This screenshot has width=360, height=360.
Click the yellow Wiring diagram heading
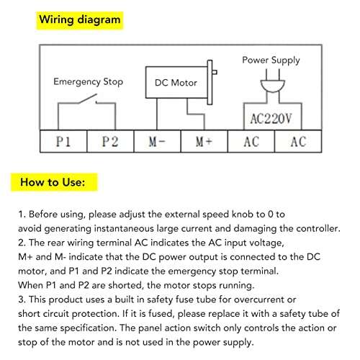pyautogui.click(x=78, y=20)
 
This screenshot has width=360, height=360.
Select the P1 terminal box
pyautogui.click(x=63, y=142)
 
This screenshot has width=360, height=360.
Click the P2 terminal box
pyautogui.click(x=109, y=142)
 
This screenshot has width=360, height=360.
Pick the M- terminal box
pyautogui.click(x=157, y=142)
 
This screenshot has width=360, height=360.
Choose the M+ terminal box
pyautogui.click(x=204, y=142)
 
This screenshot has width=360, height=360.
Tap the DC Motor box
pyautogui.click(x=176, y=83)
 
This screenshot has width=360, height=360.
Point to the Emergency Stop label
pyautogui.click(x=88, y=82)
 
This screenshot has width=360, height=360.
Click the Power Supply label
pyautogui.click(x=271, y=60)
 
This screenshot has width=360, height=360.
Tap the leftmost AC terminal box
pyautogui.click(x=251, y=142)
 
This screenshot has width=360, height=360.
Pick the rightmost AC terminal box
pyautogui.click(x=298, y=142)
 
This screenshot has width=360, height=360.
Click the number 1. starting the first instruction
pyautogui.click(x=22, y=215)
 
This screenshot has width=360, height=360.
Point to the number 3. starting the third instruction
pyautogui.click(x=22, y=300)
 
